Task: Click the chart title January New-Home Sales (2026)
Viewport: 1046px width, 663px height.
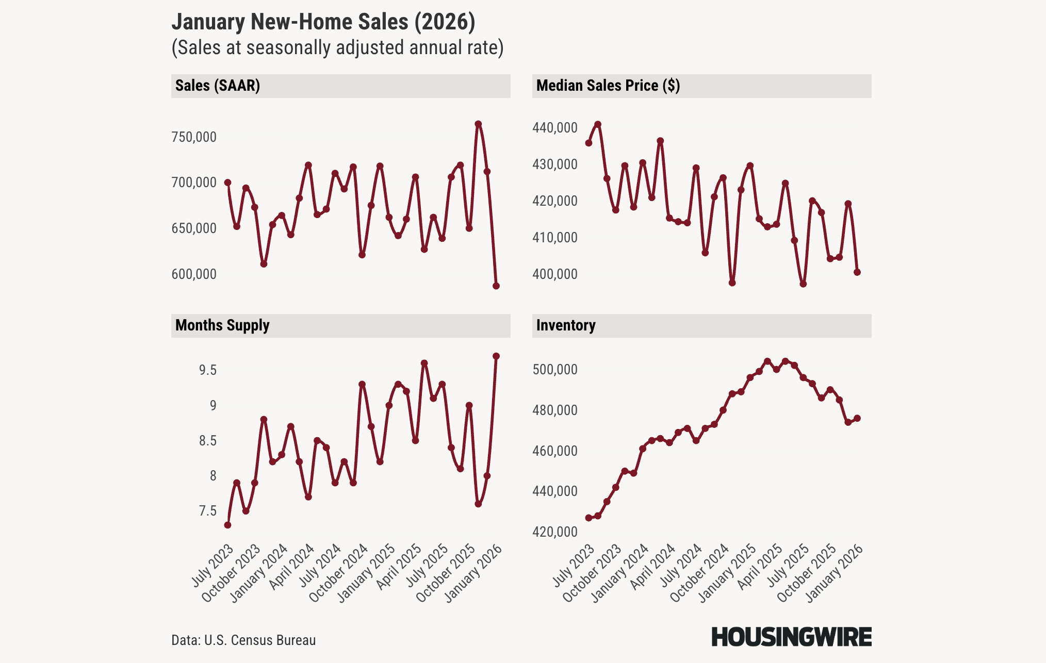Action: (323, 22)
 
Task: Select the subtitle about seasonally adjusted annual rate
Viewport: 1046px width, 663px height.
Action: (337, 47)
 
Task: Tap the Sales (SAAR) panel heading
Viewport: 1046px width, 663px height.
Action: (218, 86)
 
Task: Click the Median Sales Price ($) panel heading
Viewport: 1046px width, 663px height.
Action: (608, 86)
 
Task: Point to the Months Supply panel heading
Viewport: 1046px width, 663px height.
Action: (222, 325)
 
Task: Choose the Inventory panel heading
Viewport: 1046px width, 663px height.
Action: (566, 325)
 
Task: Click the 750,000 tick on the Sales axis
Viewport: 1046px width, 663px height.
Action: (194, 137)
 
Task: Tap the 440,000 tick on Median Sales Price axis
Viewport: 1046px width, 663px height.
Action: (555, 128)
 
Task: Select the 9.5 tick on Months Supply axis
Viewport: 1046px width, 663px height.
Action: (208, 370)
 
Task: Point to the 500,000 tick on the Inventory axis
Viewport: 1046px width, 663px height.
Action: (555, 370)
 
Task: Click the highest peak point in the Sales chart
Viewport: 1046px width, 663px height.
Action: (478, 124)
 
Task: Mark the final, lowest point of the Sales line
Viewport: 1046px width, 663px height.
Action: (496, 286)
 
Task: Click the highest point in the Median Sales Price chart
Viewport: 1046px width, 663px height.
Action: (598, 124)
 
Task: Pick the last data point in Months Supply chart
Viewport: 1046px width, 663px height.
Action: (496, 356)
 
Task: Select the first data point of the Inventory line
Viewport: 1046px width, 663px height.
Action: (589, 518)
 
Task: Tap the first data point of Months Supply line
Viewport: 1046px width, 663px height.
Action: (227, 525)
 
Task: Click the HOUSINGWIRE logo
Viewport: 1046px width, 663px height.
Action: (791, 637)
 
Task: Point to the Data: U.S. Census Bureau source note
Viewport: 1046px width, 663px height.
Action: (243, 640)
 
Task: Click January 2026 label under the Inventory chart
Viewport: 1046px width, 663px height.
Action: (836, 573)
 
